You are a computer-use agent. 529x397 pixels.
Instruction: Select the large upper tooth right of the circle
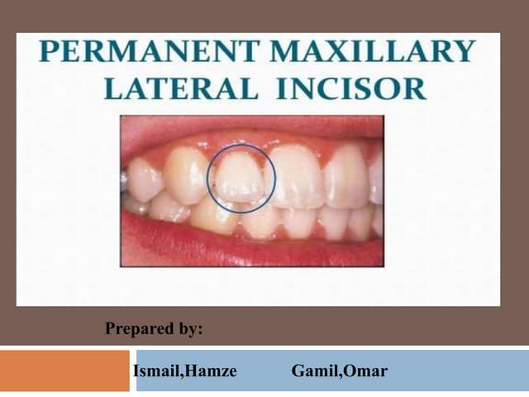tap(298, 175)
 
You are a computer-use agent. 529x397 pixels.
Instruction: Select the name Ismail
tap(155, 371)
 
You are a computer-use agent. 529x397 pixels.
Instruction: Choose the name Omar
tap(365, 371)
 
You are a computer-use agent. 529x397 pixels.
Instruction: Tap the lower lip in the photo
tap(248, 248)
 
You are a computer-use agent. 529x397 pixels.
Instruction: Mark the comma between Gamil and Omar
tap(339, 375)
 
